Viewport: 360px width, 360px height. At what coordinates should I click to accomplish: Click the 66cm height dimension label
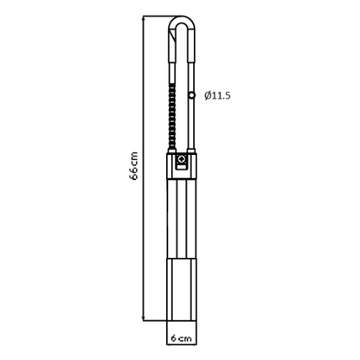pos(133,166)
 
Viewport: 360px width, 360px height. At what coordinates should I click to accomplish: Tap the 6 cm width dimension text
pos(182,337)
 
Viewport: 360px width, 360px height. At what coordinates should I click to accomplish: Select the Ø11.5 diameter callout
pos(217,95)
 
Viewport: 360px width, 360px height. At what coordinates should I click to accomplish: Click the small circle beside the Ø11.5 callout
pos(192,95)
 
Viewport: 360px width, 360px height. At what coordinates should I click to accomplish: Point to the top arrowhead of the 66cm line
pos(144,19)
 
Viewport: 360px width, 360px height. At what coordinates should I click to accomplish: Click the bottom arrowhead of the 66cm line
pos(144,318)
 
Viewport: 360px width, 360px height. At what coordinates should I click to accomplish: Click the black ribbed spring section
pos(172,117)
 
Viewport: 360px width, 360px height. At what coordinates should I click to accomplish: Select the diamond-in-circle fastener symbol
pos(182,158)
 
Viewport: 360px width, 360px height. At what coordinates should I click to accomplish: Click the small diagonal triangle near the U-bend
pos(172,37)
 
